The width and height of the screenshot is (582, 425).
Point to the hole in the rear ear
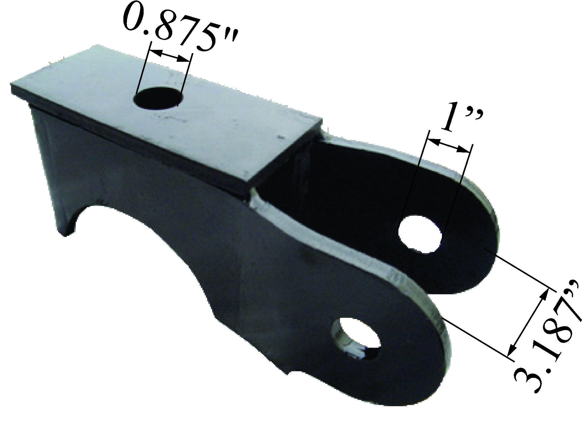[x=420, y=235]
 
